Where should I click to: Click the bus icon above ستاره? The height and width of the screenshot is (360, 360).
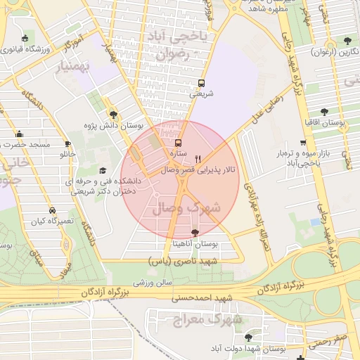coord(177,142)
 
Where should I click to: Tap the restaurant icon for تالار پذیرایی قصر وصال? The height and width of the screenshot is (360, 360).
coord(198,159)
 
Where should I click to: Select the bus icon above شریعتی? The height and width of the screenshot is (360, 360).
coord(202,82)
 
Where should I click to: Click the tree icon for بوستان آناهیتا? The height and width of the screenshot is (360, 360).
coord(195,233)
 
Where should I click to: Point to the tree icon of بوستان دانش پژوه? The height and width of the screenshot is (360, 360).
coord(113,115)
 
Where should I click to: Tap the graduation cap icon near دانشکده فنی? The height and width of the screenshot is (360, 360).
coord(103,171)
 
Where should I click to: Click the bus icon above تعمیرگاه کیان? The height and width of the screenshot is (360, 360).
coord(52,210)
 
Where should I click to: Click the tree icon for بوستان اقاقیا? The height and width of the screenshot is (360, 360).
coord(324,111)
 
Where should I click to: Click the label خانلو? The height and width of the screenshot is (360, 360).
coord(67,153)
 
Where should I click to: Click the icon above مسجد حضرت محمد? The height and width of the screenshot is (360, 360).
coord(19,134)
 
